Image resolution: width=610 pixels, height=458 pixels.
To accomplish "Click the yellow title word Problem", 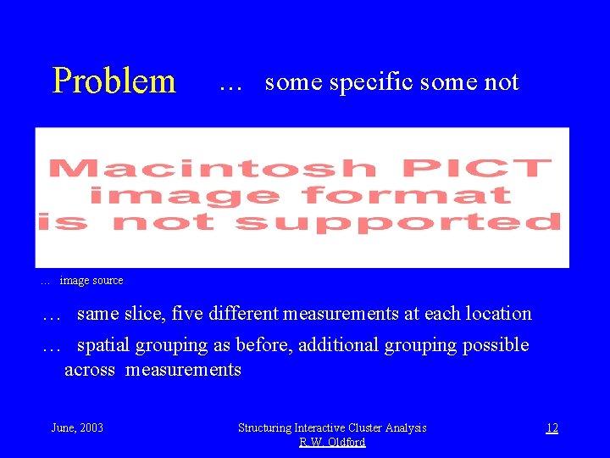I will coord(114,81).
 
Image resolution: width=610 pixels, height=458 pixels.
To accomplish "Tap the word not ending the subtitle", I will coord(502,82).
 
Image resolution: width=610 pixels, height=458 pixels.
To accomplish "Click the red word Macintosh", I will coord(213,168).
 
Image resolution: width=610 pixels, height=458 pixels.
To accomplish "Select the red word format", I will coord(406,195).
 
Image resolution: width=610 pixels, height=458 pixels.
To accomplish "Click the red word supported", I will coord(397,222).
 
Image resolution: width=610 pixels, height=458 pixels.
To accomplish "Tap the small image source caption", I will coord(91,281).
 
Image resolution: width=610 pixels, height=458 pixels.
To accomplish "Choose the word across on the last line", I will coord(90,370).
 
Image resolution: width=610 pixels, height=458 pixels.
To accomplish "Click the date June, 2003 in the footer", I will coord(77,427).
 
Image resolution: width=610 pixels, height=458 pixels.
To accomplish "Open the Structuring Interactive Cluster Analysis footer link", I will coord(332,427).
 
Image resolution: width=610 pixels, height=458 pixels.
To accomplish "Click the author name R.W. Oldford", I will coord(332,442).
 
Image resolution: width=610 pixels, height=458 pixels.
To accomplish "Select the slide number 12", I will coord(552,427).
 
